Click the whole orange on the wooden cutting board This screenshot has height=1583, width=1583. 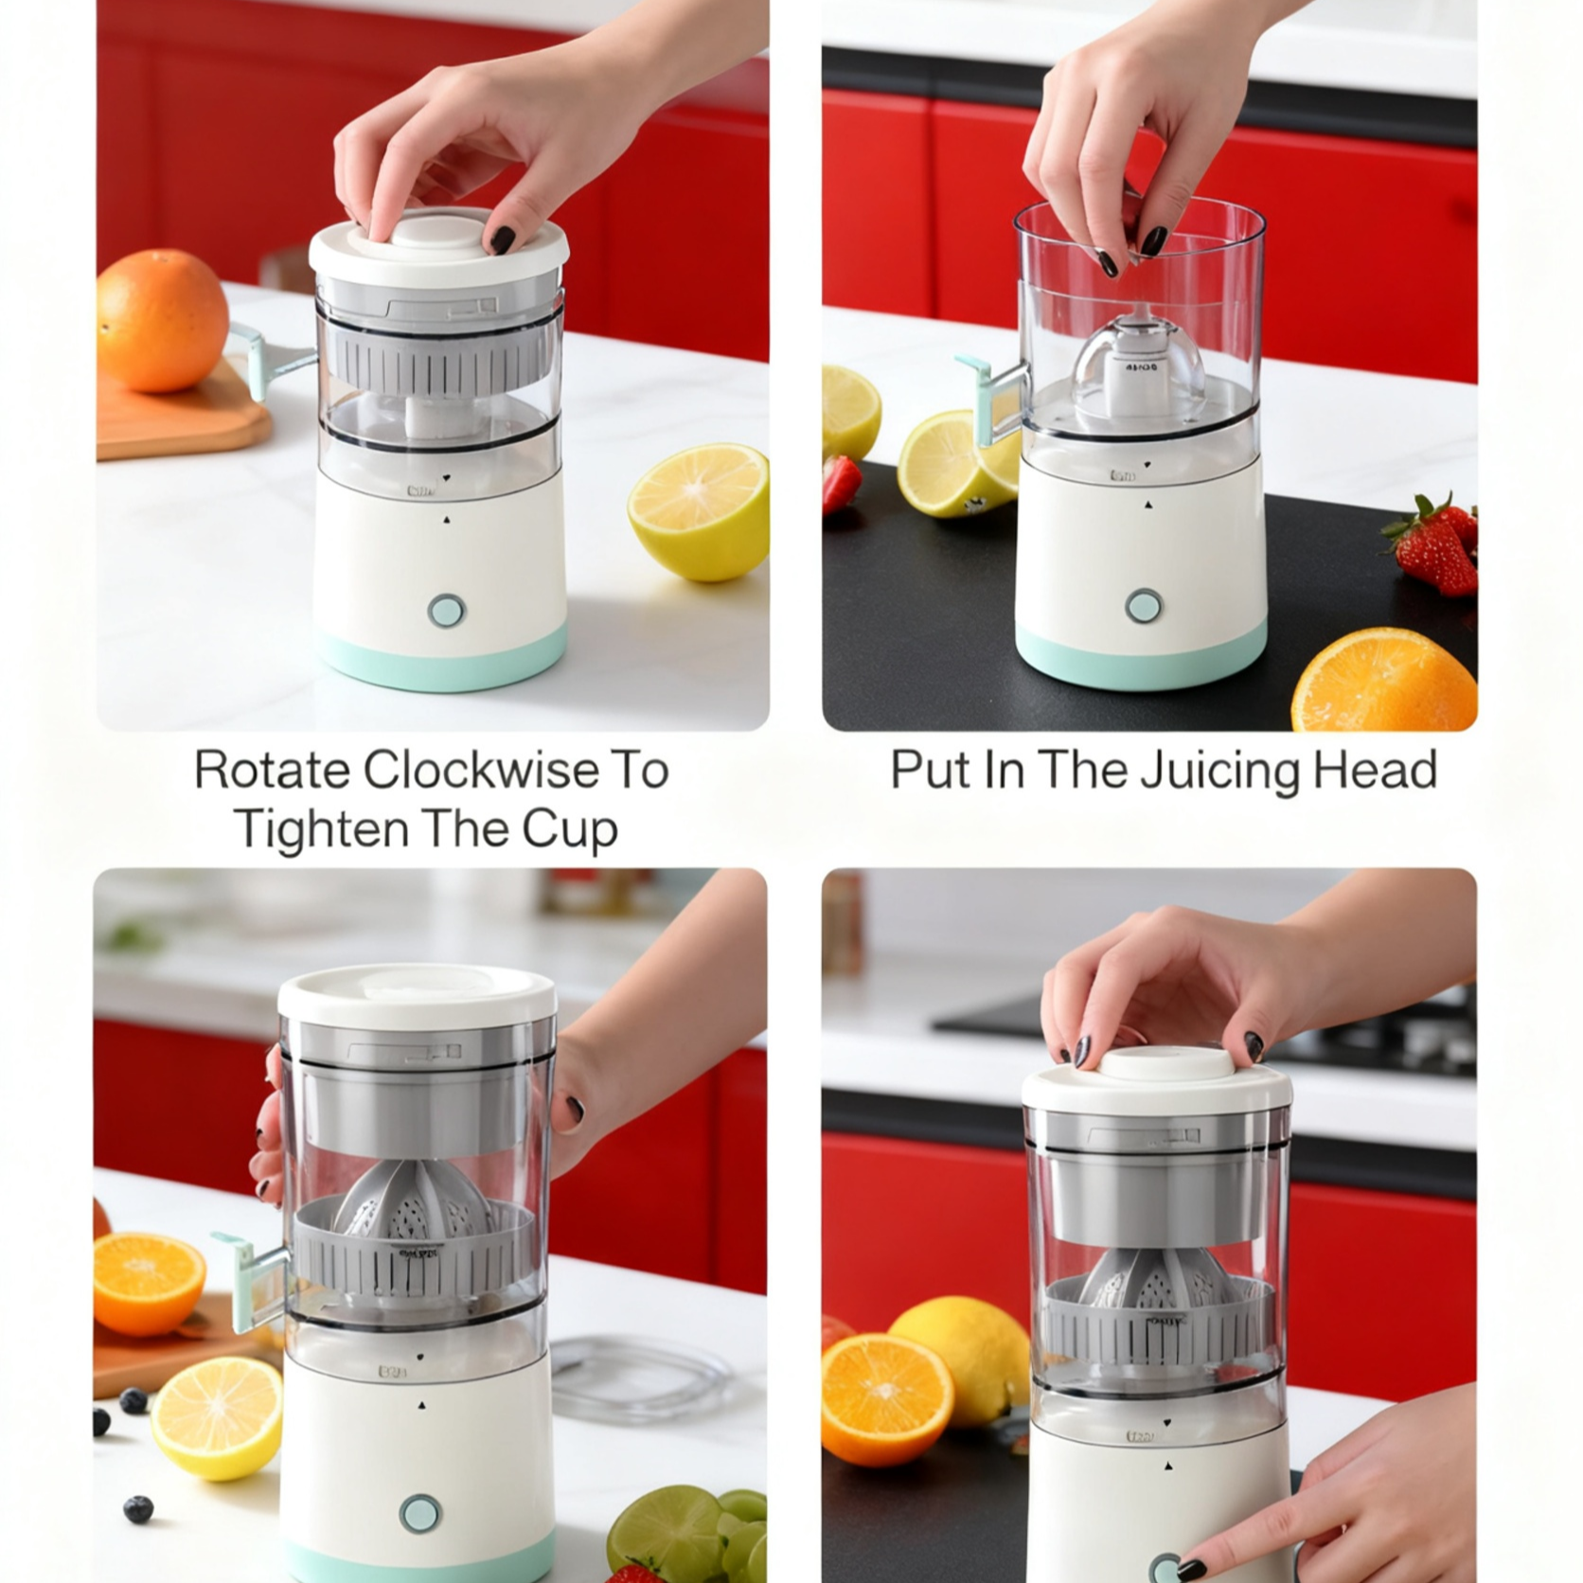pos(162,319)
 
